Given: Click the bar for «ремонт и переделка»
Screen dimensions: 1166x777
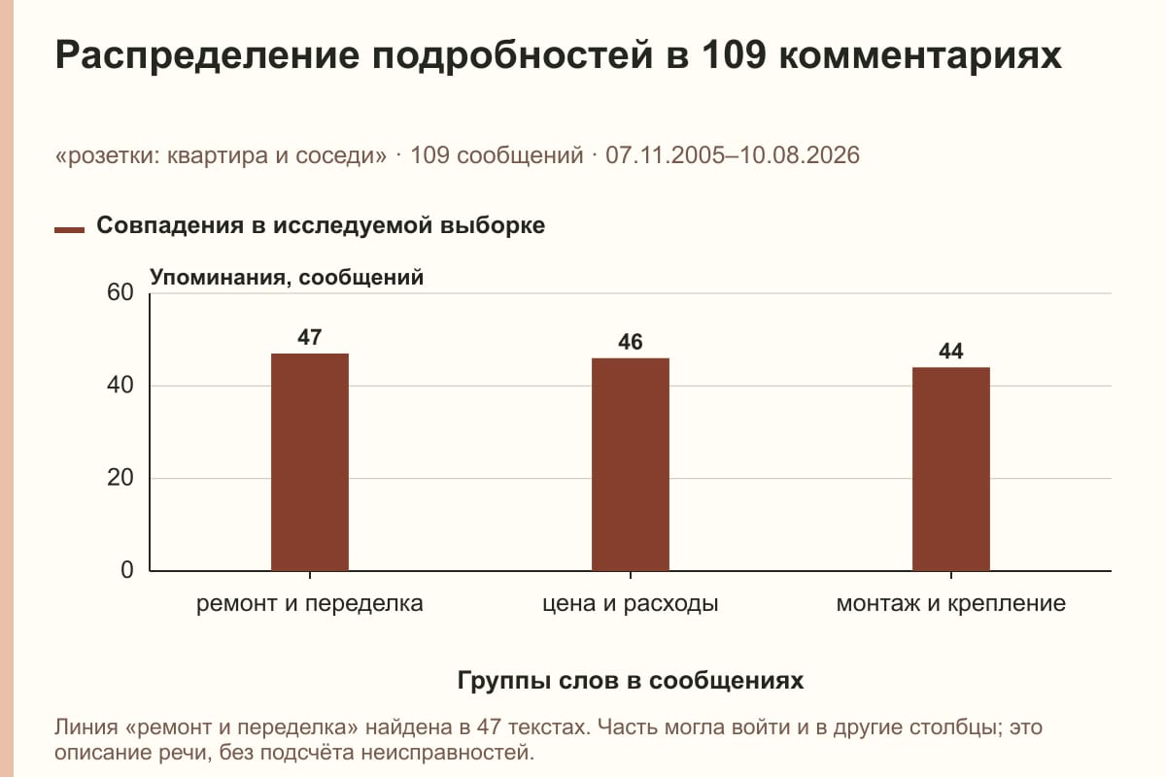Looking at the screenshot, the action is click(310, 462).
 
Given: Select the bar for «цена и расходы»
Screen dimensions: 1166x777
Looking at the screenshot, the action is click(631, 464).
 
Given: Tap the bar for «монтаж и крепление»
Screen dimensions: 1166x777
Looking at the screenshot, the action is click(951, 469).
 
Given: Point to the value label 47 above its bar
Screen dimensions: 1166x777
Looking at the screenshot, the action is click(310, 338).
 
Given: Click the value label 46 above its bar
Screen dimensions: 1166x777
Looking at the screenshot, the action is click(631, 342).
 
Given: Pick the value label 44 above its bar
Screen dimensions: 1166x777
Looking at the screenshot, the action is click(951, 352).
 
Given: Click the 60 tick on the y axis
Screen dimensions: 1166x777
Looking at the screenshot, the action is click(120, 292).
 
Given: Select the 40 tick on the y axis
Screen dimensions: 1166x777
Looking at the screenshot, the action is click(120, 386).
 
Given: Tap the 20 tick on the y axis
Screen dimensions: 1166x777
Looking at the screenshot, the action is click(120, 478).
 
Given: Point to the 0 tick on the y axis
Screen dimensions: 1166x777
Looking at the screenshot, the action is click(127, 570).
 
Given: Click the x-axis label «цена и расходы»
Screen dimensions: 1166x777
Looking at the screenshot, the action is click(631, 604).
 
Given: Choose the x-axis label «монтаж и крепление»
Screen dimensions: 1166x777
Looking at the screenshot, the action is click(951, 604).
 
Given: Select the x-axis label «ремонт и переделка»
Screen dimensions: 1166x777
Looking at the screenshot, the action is click(310, 604).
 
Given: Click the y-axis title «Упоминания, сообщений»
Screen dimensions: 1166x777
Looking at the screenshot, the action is click(287, 278).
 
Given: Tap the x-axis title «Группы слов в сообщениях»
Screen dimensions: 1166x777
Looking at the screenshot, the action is click(631, 681).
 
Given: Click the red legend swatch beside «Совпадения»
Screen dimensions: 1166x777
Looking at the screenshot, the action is click(69, 230).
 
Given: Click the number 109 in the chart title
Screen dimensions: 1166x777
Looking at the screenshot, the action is click(734, 54).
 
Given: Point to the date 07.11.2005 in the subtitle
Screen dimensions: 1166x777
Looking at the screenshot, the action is click(665, 155).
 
